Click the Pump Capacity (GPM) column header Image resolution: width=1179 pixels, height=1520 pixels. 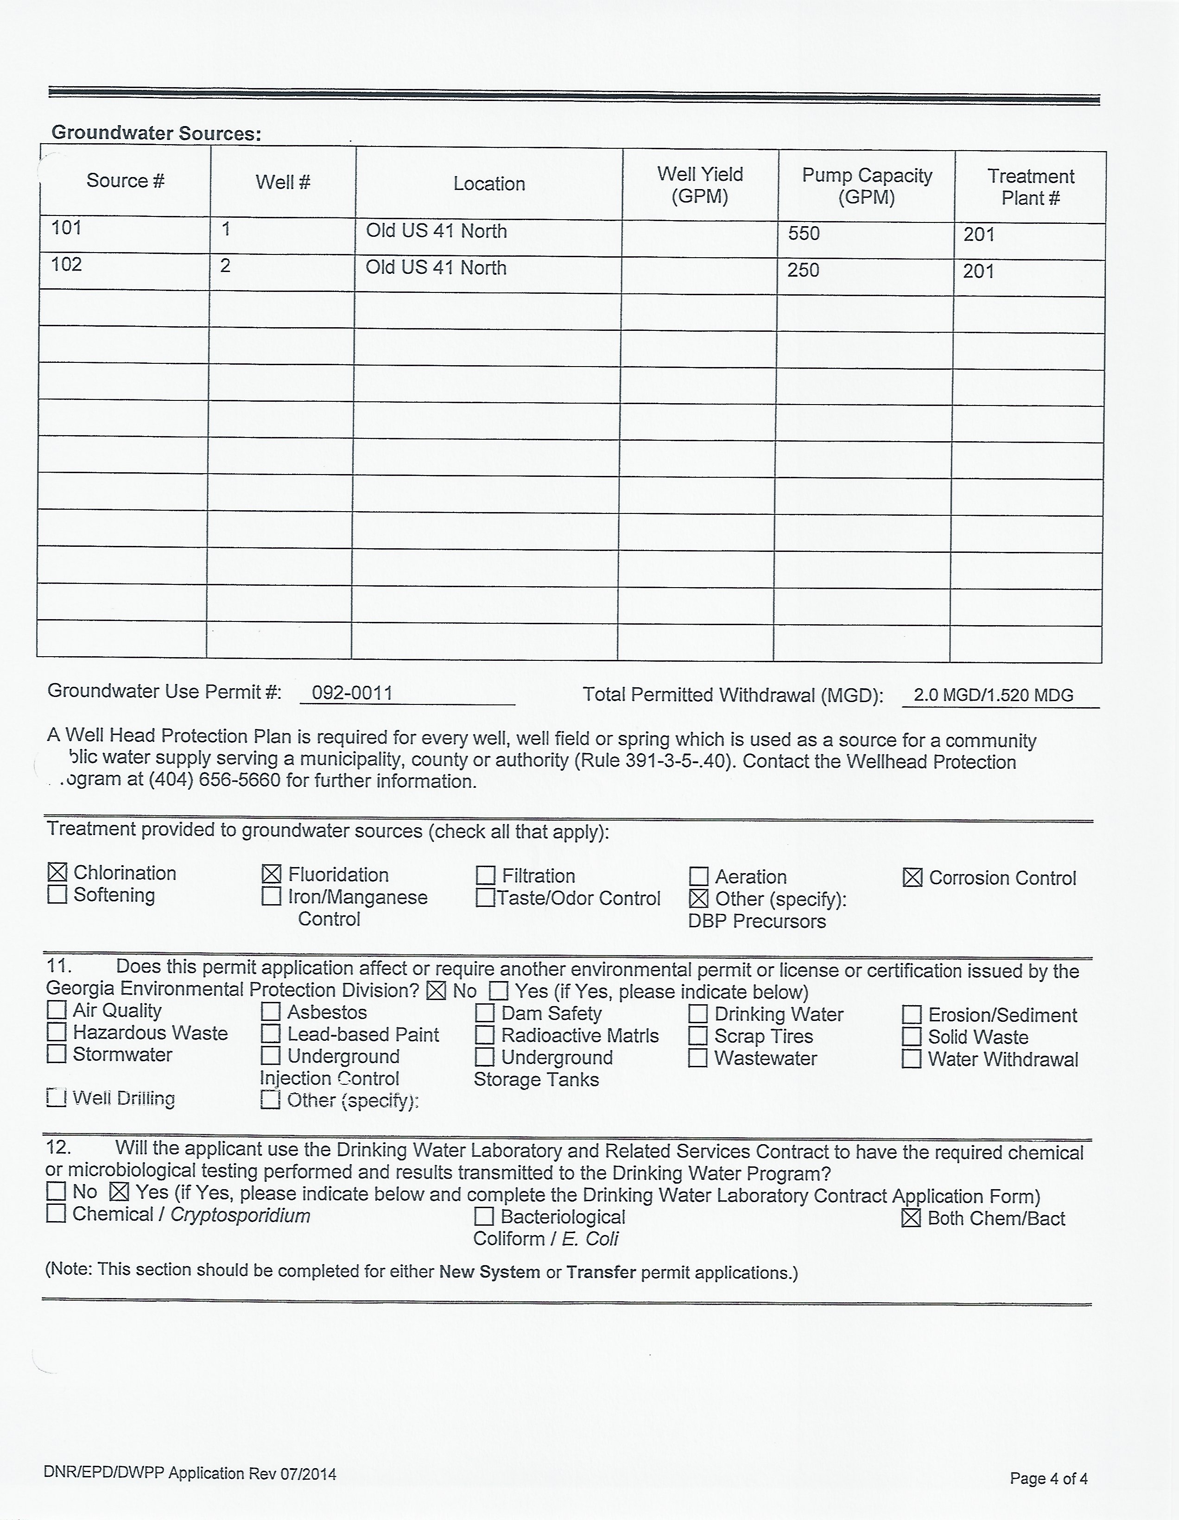pyautogui.click(x=867, y=186)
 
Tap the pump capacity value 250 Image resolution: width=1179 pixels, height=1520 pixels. pyautogui.click(x=803, y=270)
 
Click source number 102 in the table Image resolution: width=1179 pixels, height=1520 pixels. pyautogui.click(x=67, y=265)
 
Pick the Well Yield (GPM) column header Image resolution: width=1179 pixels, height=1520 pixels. pyautogui.click(x=699, y=185)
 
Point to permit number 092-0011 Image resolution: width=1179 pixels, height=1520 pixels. pyautogui.click(x=352, y=693)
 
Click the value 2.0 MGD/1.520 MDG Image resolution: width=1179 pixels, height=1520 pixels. pyautogui.click(x=993, y=695)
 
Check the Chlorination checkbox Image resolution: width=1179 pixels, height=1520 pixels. pyautogui.click(x=57, y=872)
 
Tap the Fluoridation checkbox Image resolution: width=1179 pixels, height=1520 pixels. pyautogui.click(x=272, y=874)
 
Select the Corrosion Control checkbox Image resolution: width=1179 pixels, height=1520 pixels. pyautogui.click(x=913, y=878)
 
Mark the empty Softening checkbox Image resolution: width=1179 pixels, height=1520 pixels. pyautogui.click(x=57, y=894)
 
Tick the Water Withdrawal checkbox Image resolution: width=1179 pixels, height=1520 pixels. pyautogui.click(x=912, y=1059)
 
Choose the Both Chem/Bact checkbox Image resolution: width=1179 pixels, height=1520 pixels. pyautogui.click(x=911, y=1219)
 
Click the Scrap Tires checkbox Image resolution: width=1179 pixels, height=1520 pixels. pyautogui.click(x=698, y=1036)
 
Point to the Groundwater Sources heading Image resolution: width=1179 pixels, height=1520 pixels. pyautogui.click(x=157, y=133)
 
